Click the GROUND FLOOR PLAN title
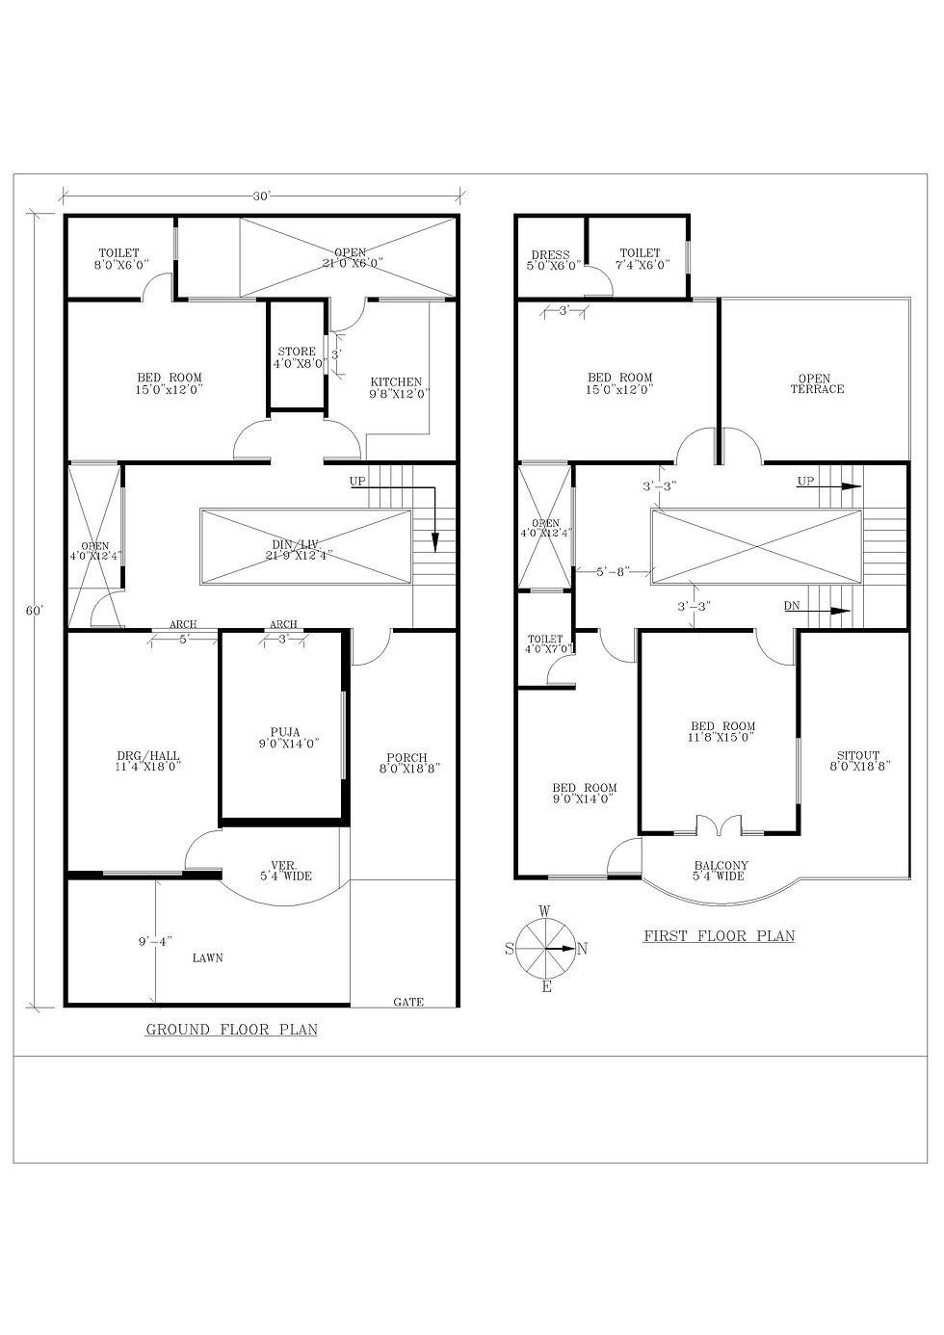(231, 1030)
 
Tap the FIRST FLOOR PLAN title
(719, 935)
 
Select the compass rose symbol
(546, 948)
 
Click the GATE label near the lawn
(408, 1002)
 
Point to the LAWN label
(207, 958)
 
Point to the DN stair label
(792, 606)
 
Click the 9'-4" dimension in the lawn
(155, 941)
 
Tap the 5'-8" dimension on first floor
(612, 571)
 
